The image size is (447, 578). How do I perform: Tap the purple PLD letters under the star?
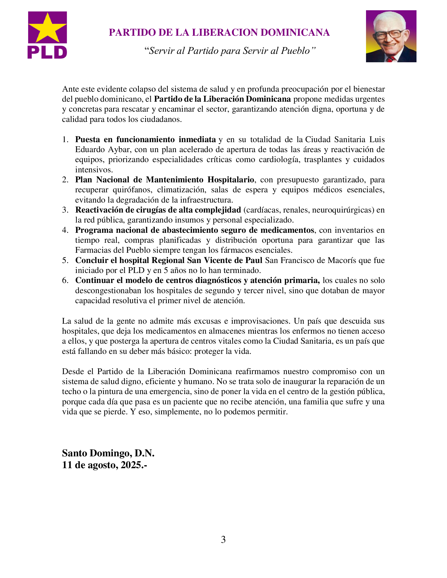(x=47, y=52)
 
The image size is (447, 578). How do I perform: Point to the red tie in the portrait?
(x=390, y=59)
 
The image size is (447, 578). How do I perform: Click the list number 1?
(x=65, y=140)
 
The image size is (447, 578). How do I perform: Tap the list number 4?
(x=65, y=230)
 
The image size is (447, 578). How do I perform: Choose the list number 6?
(x=65, y=281)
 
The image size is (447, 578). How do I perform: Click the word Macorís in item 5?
(x=342, y=260)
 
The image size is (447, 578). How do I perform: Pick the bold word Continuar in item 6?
(x=91, y=281)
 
